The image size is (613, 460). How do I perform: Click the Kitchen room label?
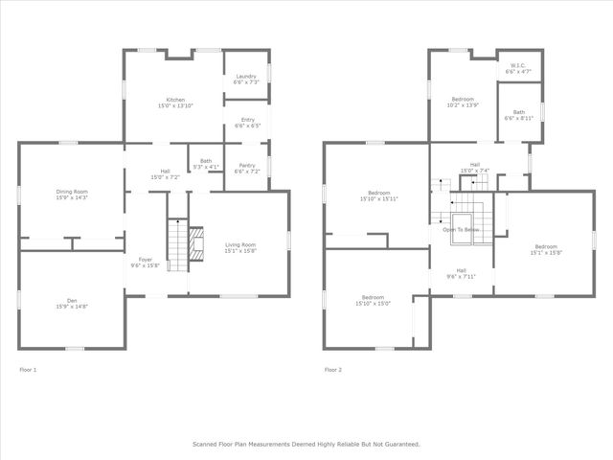point(174,100)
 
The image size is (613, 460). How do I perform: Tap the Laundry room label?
point(246,77)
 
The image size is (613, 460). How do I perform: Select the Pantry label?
point(246,164)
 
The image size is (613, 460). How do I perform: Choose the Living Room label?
point(239,245)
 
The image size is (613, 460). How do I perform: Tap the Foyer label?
point(145,260)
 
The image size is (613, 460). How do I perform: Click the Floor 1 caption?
point(28,369)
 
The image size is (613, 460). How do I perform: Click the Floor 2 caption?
point(332,369)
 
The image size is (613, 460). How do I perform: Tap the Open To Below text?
point(460,229)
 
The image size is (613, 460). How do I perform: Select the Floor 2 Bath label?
point(518,112)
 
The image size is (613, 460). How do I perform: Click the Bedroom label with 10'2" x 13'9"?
point(465,105)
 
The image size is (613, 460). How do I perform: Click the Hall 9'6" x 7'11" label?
point(460,275)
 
